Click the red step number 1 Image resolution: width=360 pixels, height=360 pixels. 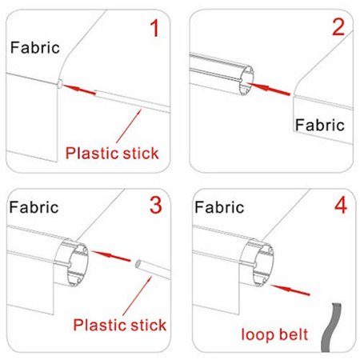pyautogui.click(x=155, y=28)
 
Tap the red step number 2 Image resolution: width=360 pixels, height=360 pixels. pyautogui.click(x=338, y=27)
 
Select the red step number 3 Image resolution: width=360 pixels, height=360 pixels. pyautogui.click(x=156, y=205)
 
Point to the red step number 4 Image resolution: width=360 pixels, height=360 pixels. pyautogui.click(x=341, y=206)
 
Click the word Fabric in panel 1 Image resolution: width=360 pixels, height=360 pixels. pyautogui.click(x=35, y=48)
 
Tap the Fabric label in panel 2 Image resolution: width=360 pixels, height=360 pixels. pyautogui.click(x=320, y=125)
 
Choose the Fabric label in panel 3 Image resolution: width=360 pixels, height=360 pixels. pyautogui.click(x=34, y=207)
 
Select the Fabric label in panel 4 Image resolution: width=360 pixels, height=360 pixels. pyautogui.click(x=219, y=207)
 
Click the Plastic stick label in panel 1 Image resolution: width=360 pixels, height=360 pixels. pyautogui.click(x=112, y=153)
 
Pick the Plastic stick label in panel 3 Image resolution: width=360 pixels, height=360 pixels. pyautogui.click(x=120, y=325)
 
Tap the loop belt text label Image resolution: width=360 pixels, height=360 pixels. pyautogui.click(x=274, y=334)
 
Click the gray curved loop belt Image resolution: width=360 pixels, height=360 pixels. pyautogui.click(x=330, y=327)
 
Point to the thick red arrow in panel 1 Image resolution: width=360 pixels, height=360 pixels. pyautogui.click(x=79, y=90)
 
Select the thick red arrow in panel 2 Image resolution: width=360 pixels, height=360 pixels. pyautogui.click(x=268, y=89)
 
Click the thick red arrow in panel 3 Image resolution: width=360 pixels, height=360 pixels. pyautogui.click(x=111, y=256)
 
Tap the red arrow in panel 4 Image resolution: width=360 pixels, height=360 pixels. pyautogui.click(x=290, y=290)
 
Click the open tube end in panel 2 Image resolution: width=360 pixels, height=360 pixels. pyautogui.click(x=246, y=80)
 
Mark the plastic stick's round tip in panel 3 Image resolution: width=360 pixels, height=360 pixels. pyautogui.click(x=138, y=264)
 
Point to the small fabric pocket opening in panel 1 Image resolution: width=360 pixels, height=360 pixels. pyautogui.click(x=60, y=84)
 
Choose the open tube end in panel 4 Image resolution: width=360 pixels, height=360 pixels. pyautogui.click(x=262, y=265)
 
